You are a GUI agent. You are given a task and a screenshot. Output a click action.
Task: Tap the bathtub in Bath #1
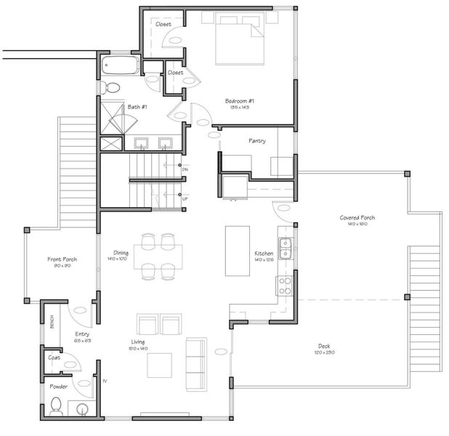tap(119, 67)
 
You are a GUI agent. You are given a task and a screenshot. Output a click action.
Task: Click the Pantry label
tap(256, 140)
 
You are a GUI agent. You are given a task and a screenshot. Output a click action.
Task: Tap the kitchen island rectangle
tap(237, 251)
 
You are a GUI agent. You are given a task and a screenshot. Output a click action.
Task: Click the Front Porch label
tap(62, 259)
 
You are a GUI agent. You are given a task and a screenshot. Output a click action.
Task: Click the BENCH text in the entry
tap(51, 320)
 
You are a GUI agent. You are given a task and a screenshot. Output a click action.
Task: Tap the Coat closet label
tap(54, 358)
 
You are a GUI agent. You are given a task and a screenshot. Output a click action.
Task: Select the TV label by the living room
tap(105, 381)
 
